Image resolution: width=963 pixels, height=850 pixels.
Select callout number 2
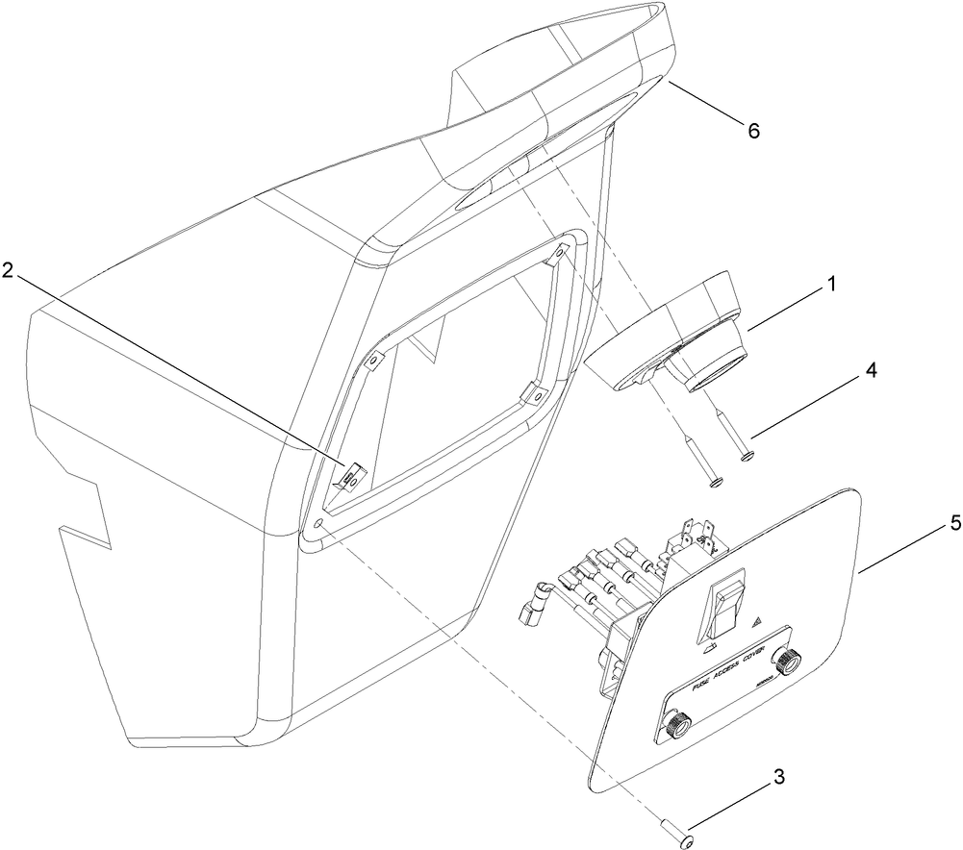8,271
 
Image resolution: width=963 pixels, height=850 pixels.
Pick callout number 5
954,524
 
